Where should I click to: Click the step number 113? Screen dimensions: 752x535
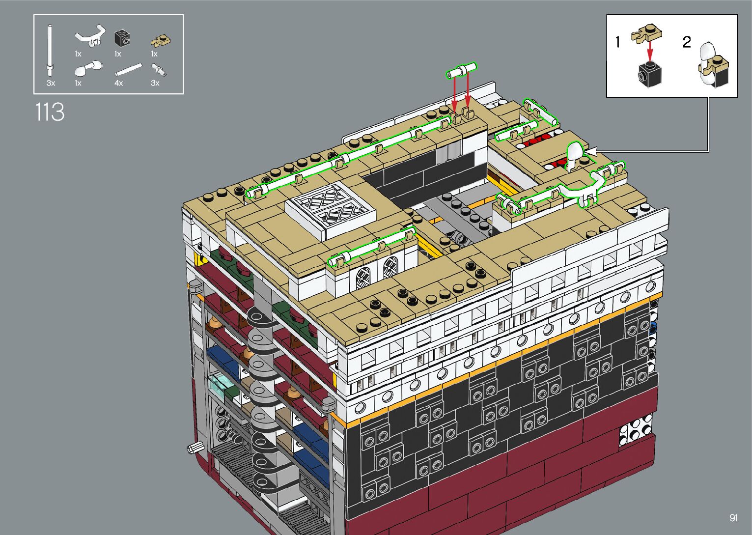click(x=50, y=112)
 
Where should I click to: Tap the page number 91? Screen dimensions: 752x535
click(x=733, y=517)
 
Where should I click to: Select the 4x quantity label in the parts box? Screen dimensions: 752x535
click(x=118, y=83)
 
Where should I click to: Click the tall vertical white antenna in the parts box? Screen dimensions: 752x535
click(x=50, y=51)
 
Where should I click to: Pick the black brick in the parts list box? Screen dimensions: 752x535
click(x=122, y=38)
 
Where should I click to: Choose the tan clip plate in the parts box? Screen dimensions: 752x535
click(x=161, y=41)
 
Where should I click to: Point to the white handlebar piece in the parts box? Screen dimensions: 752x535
click(x=90, y=35)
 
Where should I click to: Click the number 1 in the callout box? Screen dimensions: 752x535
click(x=617, y=42)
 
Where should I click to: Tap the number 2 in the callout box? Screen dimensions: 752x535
click(x=687, y=42)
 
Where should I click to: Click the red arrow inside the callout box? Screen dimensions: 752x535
click(x=650, y=51)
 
